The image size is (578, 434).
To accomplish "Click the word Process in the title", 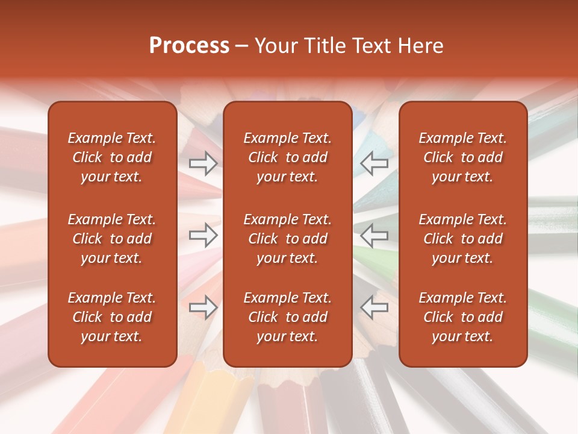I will point(189,46).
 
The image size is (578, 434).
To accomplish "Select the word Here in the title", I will point(421,46).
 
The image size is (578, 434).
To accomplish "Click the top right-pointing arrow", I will point(203,163).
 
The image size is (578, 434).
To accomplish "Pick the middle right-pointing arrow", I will point(203,236).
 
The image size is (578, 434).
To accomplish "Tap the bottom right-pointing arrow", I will point(203,308).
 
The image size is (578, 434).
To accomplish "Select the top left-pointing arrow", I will point(374,163).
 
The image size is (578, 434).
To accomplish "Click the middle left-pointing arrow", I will point(374,236).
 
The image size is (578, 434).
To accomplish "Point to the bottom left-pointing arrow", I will point(374,308).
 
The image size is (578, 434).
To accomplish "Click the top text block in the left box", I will point(112,157).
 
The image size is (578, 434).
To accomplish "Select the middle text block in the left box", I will point(112,239).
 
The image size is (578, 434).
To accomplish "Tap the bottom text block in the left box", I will point(112,317).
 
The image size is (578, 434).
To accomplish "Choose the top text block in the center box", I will point(287,157).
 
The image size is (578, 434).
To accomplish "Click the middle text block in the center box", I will point(287,239).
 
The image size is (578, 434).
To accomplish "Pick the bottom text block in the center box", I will point(287,317).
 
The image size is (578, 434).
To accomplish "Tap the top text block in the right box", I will point(462,157).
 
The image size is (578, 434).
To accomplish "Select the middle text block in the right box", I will point(462,239).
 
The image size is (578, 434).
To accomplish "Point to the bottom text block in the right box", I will point(462,317).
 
